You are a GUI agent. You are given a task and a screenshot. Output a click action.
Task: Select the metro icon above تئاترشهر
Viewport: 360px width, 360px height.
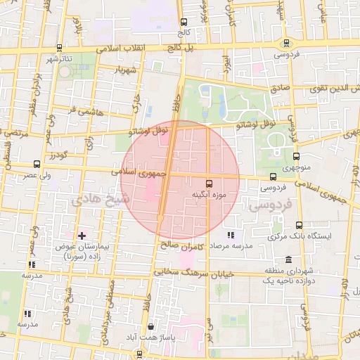pos(59,48)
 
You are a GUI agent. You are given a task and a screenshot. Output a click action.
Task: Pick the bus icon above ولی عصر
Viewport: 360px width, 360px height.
pos(37,163)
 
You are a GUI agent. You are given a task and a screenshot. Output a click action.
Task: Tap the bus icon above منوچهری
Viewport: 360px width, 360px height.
pos(295,156)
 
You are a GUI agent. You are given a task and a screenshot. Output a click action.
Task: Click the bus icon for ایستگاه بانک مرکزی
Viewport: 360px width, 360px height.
pos(300,225)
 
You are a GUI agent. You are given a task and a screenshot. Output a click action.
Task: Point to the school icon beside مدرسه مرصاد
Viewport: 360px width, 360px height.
pos(231,235)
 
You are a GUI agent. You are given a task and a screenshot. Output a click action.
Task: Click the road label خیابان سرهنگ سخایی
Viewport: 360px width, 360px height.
pos(201,272)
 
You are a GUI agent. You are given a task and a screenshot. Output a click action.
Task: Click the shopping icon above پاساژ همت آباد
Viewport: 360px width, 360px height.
pos(151,327)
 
